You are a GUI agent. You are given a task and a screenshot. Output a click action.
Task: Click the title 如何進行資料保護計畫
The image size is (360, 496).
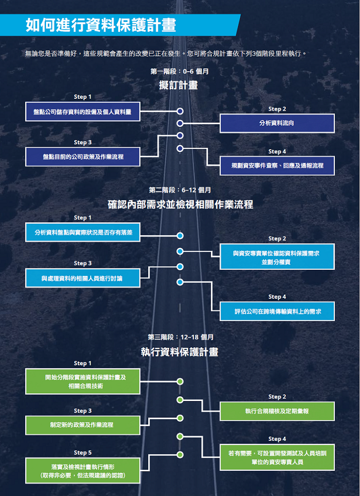(101, 25)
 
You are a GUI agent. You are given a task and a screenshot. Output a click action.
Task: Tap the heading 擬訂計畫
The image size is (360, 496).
(178, 85)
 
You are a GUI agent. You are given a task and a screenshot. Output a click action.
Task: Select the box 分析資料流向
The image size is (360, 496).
(277, 123)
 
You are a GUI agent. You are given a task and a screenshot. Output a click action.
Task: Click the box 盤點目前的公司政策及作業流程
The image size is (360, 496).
(82, 156)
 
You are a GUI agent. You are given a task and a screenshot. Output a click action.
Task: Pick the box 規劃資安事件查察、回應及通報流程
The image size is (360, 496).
(277, 166)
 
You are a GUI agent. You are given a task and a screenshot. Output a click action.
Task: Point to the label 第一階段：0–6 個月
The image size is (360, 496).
(179, 72)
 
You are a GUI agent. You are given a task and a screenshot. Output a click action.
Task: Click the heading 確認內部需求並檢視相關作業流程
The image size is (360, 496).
(180, 205)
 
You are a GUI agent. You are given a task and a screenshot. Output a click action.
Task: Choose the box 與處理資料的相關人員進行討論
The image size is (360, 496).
(82, 278)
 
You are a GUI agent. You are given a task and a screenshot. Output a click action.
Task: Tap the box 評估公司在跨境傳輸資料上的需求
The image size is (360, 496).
(277, 311)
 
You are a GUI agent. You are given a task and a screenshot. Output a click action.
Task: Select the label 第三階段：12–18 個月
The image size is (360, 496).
(180, 337)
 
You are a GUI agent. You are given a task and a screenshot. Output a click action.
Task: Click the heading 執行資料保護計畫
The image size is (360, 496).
(179, 352)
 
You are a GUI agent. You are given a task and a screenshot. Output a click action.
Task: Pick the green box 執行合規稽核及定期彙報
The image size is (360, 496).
(277, 411)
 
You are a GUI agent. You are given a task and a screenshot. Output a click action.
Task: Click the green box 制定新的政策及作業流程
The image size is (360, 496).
(82, 425)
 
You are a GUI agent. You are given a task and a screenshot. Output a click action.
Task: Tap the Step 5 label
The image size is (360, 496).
(82, 453)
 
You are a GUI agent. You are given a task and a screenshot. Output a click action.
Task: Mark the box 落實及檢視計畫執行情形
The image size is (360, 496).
(82, 470)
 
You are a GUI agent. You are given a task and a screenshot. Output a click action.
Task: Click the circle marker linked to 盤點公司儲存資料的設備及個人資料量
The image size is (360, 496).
(180, 111)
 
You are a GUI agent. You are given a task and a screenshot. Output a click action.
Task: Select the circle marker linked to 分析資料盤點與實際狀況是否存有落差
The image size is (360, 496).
(180, 236)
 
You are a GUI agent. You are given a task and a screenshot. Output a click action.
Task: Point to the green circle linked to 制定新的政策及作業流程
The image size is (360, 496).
(180, 418)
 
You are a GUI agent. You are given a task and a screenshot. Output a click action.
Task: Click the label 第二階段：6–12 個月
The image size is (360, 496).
(180, 190)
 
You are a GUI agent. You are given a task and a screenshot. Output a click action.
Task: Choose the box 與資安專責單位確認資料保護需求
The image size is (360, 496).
(277, 257)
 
